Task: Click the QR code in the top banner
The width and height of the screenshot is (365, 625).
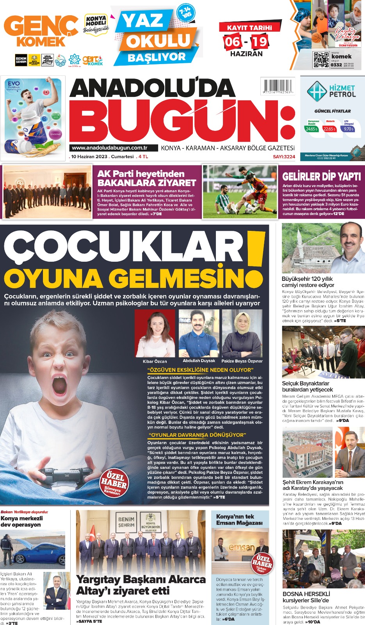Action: [x=321, y=59]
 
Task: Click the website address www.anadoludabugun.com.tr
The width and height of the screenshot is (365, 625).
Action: [x=110, y=148]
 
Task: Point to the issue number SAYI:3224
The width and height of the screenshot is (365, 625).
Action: [x=284, y=157]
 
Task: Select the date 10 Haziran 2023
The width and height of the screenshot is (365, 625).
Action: [x=89, y=157]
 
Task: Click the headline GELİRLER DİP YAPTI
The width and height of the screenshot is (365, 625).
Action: [x=322, y=177]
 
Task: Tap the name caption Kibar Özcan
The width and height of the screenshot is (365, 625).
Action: [x=155, y=361]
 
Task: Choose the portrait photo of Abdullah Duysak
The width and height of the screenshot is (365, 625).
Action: [x=199, y=333]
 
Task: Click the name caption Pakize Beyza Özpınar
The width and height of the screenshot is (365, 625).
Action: [x=242, y=361]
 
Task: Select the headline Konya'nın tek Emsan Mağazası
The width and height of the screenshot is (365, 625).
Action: [x=239, y=520]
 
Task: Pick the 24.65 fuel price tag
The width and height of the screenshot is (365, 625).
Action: [x=311, y=129]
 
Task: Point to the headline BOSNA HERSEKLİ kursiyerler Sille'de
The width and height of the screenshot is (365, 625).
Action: [x=306, y=597]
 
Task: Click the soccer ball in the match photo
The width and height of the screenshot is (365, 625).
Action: [x=249, y=209]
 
